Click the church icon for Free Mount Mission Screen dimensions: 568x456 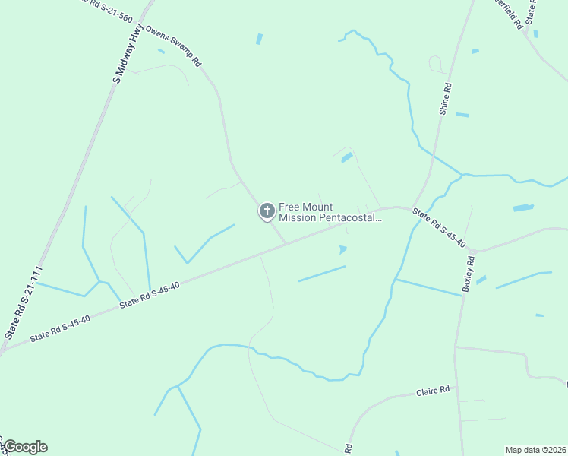(x=267, y=211)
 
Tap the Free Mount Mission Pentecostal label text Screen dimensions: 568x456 (x=329, y=212)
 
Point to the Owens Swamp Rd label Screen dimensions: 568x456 (x=173, y=47)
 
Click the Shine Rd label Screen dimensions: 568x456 (x=445, y=99)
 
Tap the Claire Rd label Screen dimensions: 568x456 (x=433, y=391)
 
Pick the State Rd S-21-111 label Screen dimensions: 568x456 (x=23, y=302)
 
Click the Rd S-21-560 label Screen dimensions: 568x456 (x=106, y=11)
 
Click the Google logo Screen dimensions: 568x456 (x=25, y=447)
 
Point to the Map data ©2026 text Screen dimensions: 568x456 (x=535, y=449)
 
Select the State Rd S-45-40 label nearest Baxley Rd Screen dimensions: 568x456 (x=438, y=227)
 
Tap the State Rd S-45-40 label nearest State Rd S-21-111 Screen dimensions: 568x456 (x=60, y=328)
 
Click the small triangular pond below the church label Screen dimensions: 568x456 (x=343, y=249)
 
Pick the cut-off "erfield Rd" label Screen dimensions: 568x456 (x=508, y=13)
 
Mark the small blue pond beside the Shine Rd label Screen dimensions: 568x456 (x=462, y=115)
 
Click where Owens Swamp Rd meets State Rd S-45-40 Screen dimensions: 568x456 (x=286, y=244)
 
